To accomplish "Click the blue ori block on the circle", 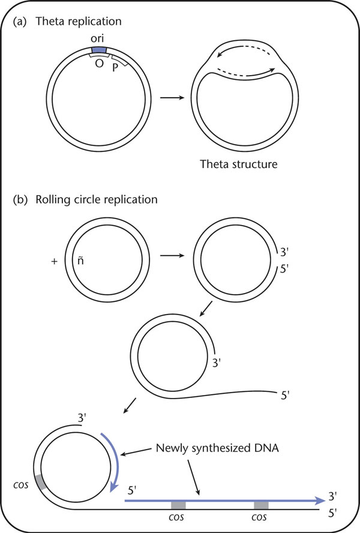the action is pos(99,50).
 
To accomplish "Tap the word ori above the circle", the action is pos(97,38).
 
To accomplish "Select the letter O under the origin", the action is pos(99,63).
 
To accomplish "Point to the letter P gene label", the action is pos(115,68).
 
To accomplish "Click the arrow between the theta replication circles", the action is pos(172,98).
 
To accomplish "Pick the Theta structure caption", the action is pos(239,164).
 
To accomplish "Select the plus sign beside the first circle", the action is pos(55,261).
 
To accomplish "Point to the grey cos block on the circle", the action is pos(41,482).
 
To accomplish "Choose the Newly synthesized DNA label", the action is pos(217,448).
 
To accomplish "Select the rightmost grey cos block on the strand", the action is pos(261,505).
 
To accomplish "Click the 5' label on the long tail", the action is pos(285,396).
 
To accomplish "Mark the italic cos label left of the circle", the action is pos(21,485).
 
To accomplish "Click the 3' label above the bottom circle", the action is pos(82,417).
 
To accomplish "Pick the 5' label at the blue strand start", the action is pos(132,490).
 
